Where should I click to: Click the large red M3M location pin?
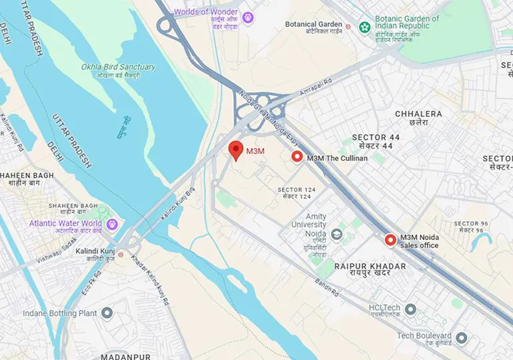(x=235, y=150)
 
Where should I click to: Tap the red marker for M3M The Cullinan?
(x=297, y=157)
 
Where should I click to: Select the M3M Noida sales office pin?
(x=390, y=240)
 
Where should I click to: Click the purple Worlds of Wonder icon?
(x=248, y=17)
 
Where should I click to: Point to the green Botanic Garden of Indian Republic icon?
(x=364, y=27)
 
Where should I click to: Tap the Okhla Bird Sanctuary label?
(x=118, y=67)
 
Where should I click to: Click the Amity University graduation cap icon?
(x=336, y=235)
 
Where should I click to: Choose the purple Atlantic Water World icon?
(x=111, y=224)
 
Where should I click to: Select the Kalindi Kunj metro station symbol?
(x=121, y=254)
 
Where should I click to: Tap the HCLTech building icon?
(x=410, y=309)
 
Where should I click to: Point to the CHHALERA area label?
(x=418, y=114)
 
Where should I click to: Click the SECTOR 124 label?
(x=294, y=190)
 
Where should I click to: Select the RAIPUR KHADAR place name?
(x=370, y=266)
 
